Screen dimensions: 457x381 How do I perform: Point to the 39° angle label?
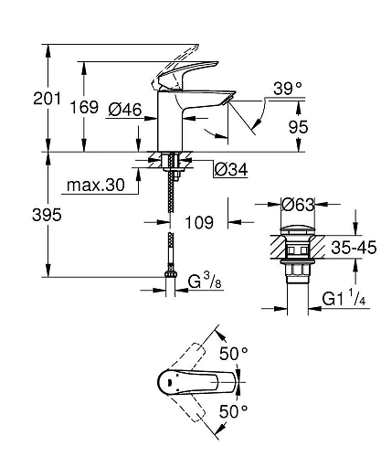(287, 89)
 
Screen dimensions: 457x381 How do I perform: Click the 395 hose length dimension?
(23, 216)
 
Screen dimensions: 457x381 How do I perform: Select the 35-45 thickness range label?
(351, 246)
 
